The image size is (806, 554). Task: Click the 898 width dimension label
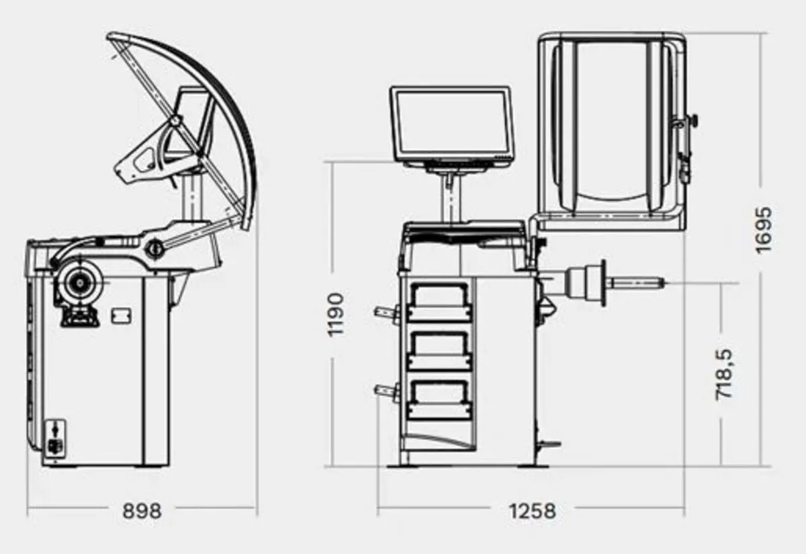[142, 510]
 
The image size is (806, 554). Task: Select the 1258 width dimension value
[533, 510]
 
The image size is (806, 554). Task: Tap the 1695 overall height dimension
[764, 230]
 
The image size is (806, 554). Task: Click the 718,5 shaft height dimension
[725, 374]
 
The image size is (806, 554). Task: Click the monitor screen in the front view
[451, 122]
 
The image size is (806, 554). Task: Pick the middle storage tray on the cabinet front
[439, 348]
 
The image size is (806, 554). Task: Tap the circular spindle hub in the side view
[79, 284]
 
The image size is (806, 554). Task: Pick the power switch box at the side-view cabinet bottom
[55, 437]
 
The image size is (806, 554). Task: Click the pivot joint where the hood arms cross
[176, 121]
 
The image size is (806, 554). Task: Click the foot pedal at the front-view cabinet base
[550, 444]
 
